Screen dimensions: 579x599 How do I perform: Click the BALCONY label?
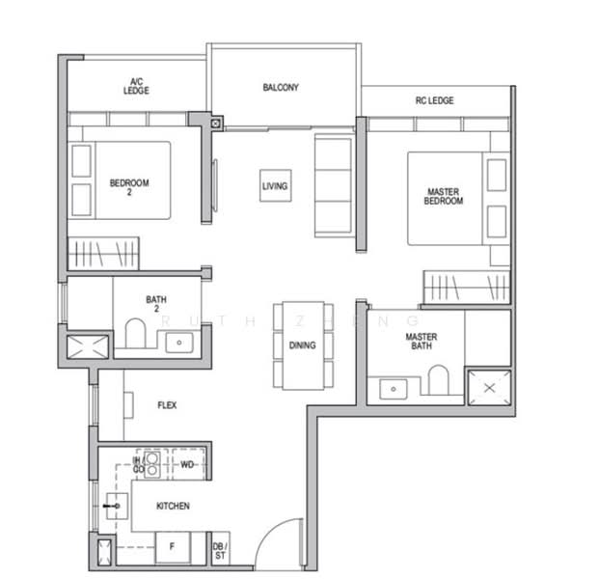click(281, 88)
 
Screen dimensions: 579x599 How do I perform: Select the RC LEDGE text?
click(434, 100)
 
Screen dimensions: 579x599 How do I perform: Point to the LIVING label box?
click(275, 185)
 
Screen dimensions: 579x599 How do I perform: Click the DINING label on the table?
click(302, 345)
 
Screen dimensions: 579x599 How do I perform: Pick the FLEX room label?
click(167, 406)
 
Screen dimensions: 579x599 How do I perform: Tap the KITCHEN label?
click(173, 506)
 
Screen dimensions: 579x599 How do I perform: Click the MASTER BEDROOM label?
click(443, 197)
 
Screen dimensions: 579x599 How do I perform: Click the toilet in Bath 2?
click(134, 335)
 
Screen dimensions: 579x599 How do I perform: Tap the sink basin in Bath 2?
click(178, 342)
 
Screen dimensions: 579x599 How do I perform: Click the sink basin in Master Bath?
click(393, 388)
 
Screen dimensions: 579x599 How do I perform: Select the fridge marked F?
click(173, 548)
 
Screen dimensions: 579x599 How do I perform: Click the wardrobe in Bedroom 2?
click(103, 255)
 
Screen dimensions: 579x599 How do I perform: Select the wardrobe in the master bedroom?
click(466, 288)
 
